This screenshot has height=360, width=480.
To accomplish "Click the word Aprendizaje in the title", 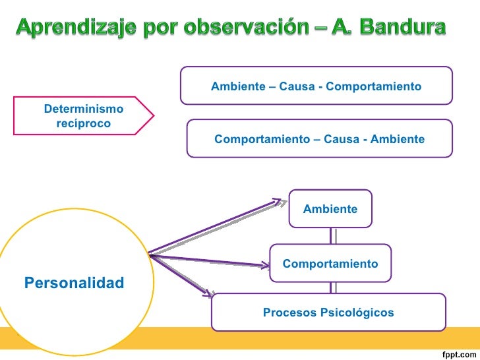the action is pyautogui.click(x=72, y=28).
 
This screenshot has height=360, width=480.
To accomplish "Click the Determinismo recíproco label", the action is pyautogui.click(x=82, y=115).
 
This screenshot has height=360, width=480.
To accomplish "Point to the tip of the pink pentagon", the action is pyautogui.click(x=154, y=117).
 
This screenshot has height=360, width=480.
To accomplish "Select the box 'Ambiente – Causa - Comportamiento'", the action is pyautogui.click(x=316, y=86).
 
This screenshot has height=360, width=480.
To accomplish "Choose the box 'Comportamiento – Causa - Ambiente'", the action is pyautogui.click(x=320, y=139).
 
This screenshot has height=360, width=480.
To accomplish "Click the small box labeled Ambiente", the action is pyautogui.click(x=330, y=209).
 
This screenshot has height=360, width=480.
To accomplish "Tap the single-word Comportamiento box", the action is pyautogui.click(x=330, y=264).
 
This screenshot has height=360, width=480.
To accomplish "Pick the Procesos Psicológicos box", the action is pyautogui.click(x=328, y=312).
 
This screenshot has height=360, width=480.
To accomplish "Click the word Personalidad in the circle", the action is pyautogui.click(x=74, y=284).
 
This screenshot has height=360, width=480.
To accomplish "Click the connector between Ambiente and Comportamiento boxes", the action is pyautogui.click(x=332, y=236).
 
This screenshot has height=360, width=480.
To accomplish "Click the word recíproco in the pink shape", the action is pyautogui.click(x=83, y=123).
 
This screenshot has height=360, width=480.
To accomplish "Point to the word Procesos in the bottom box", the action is pyautogui.click(x=287, y=312).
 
